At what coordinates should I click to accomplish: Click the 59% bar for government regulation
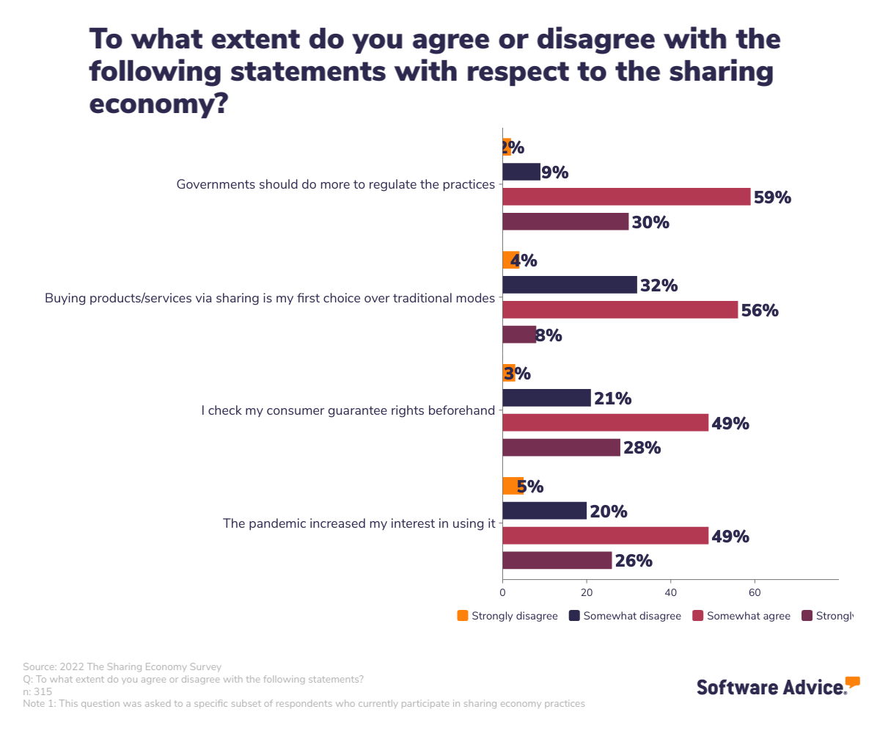pos(626,197)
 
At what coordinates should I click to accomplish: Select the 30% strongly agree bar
pos(565,222)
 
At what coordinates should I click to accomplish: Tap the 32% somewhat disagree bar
pos(570,285)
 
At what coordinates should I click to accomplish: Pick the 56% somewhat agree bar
pos(620,310)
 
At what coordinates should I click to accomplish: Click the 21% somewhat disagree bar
pos(546,398)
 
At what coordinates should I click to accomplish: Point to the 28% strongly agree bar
pos(561,448)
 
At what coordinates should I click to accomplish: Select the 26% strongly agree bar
pos(557,561)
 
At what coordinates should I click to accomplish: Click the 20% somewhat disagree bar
pos(544,511)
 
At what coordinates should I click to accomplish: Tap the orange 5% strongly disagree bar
pos(513,486)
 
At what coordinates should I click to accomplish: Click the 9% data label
pos(555,172)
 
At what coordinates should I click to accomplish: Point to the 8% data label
pos(549,335)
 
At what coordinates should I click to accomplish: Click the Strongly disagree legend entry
pos(507,616)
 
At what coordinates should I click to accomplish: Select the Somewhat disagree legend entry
pos(625,616)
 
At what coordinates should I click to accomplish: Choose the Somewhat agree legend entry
pos(741,616)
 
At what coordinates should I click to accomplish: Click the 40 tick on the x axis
pos(670,592)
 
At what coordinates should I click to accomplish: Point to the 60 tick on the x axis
pos(754,592)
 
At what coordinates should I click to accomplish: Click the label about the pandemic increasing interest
pos(359,523)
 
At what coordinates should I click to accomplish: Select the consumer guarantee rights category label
pos(348,410)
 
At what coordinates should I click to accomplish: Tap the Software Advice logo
pos(777,686)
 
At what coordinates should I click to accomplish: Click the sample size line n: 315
pos(37,691)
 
